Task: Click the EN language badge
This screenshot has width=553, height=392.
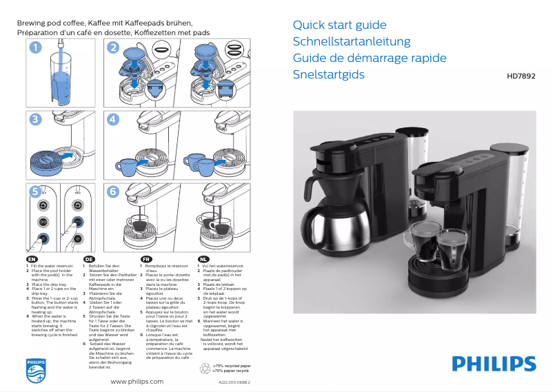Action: [x=31, y=259]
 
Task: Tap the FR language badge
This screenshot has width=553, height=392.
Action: [x=145, y=259]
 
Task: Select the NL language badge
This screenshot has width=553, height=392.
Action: [x=203, y=259]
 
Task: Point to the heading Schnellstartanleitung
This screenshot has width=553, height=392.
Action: [x=352, y=42]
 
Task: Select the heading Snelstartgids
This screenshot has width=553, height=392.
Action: [x=328, y=74]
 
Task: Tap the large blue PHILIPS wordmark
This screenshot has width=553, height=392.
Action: [x=494, y=364]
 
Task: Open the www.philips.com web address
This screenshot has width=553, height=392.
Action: [x=137, y=381]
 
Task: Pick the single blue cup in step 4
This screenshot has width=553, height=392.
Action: [x=128, y=165]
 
